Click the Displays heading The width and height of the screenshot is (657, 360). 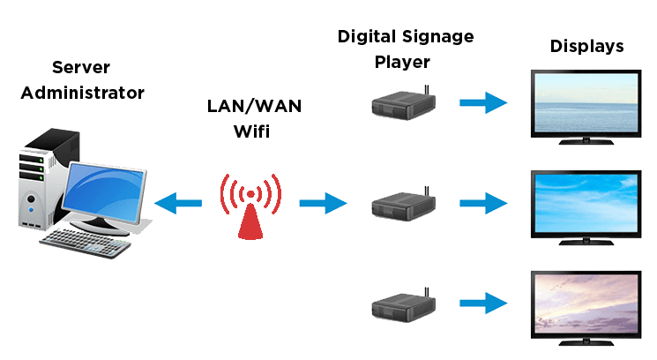(587, 47)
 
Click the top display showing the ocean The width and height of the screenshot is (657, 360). (586, 103)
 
